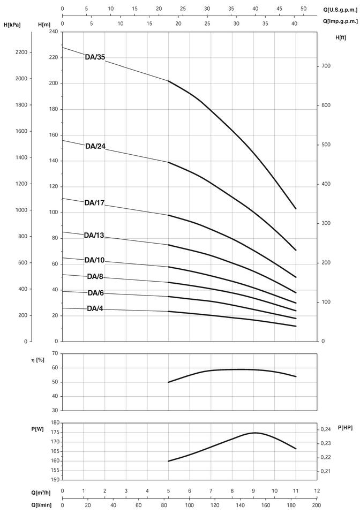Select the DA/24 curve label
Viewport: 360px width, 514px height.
95,146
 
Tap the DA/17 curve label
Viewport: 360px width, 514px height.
95,202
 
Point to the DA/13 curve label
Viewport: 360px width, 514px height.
95,235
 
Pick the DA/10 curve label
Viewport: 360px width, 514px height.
95,260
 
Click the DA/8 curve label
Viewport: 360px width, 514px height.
96,277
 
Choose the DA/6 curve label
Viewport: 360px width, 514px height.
96,293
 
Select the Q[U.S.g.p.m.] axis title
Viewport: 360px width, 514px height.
339,9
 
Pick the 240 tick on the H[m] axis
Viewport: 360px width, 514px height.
53,32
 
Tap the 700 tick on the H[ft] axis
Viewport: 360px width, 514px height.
326,65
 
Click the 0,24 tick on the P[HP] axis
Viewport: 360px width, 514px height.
326,429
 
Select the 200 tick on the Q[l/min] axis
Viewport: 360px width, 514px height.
316,504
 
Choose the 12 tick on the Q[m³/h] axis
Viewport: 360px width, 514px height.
316,490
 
